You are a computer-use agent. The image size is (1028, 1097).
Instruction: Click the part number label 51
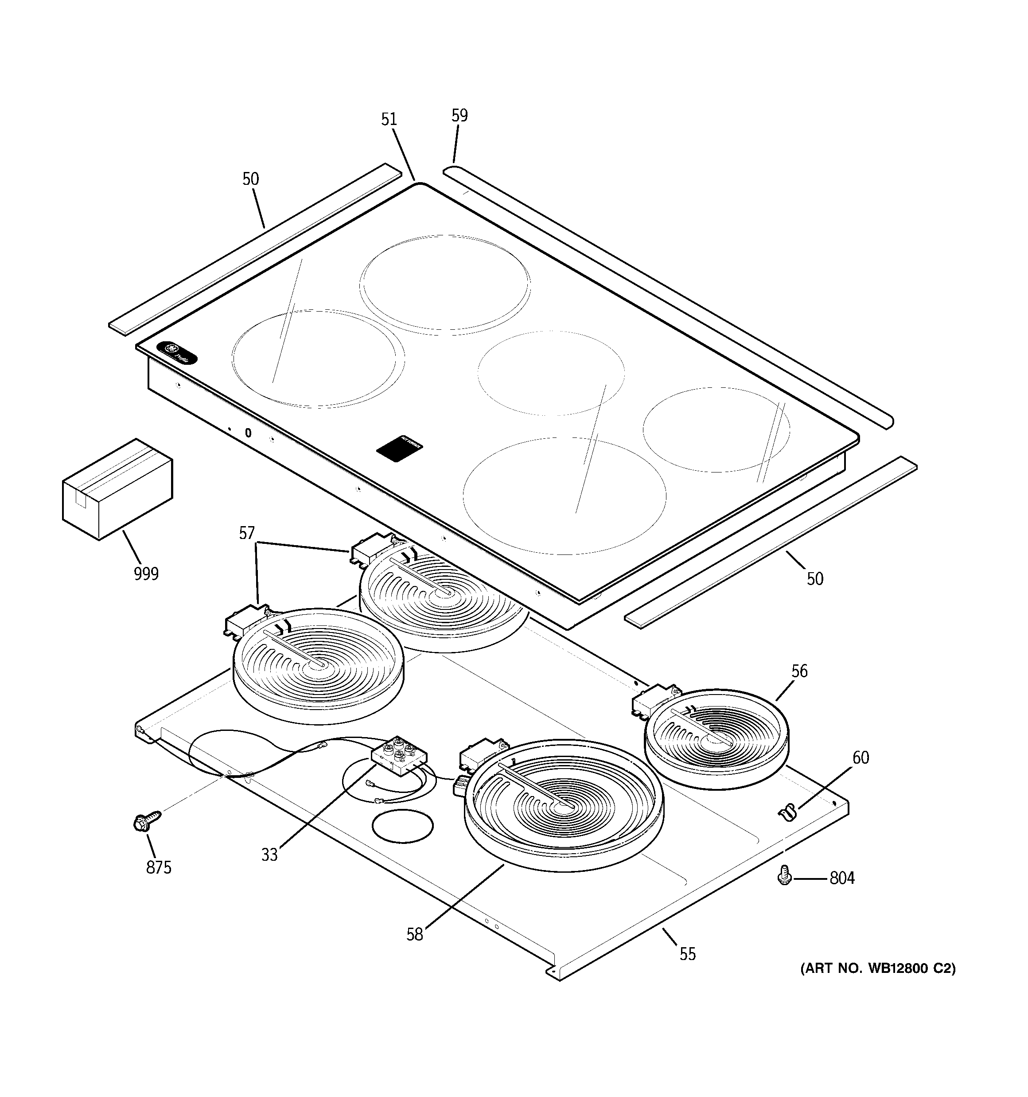(x=389, y=120)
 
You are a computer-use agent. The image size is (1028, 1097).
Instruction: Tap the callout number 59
(x=459, y=116)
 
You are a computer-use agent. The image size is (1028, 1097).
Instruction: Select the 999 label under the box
(x=146, y=574)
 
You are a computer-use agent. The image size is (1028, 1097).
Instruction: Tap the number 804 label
(x=841, y=878)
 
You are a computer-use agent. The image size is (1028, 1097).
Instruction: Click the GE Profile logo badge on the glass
(x=176, y=353)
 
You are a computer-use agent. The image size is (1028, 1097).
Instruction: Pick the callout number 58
(x=414, y=935)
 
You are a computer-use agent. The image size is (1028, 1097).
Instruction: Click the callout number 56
(x=799, y=671)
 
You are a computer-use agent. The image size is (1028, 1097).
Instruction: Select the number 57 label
(x=247, y=533)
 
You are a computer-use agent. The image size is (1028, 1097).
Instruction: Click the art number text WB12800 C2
(x=877, y=968)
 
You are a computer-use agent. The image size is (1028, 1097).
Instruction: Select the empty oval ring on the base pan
(x=403, y=826)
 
